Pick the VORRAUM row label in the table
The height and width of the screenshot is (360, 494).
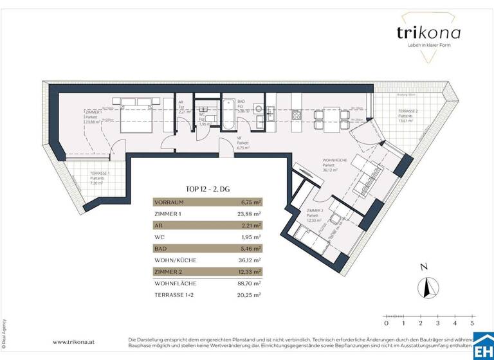[169, 201]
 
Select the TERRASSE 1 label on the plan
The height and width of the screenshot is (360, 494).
[82, 173]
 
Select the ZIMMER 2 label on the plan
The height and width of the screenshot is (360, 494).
[315, 210]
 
